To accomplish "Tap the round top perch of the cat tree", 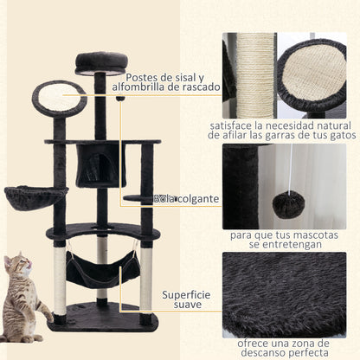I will (x=102, y=61).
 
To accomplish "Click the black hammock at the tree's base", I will (x=102, y=272).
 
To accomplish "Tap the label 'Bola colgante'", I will (x=185, y=199).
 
